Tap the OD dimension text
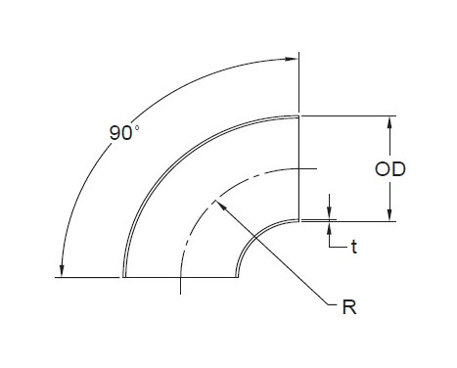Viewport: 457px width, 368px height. click(390, 169)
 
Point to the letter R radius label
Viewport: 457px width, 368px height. click(348, 307)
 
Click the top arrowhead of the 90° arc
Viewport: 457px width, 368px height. click(292, 56)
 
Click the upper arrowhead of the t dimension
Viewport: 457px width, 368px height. click(330, 212)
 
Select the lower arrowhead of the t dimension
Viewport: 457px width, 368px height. click(330, 228)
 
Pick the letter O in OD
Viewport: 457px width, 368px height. click(384, 169)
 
